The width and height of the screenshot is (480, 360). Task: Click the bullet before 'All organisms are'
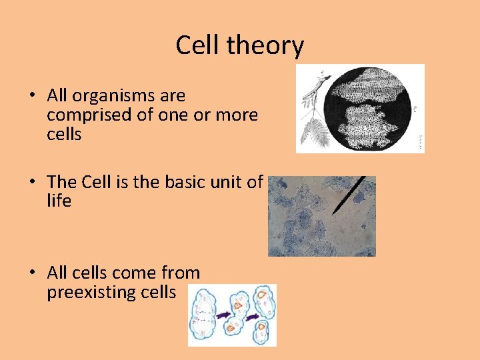[x=32, y=96]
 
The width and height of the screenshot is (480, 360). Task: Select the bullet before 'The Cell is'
[x=32, y=182]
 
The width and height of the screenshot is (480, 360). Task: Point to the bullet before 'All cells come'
[x=32, y=273]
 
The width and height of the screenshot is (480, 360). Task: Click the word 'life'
[x=59, y=201]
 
